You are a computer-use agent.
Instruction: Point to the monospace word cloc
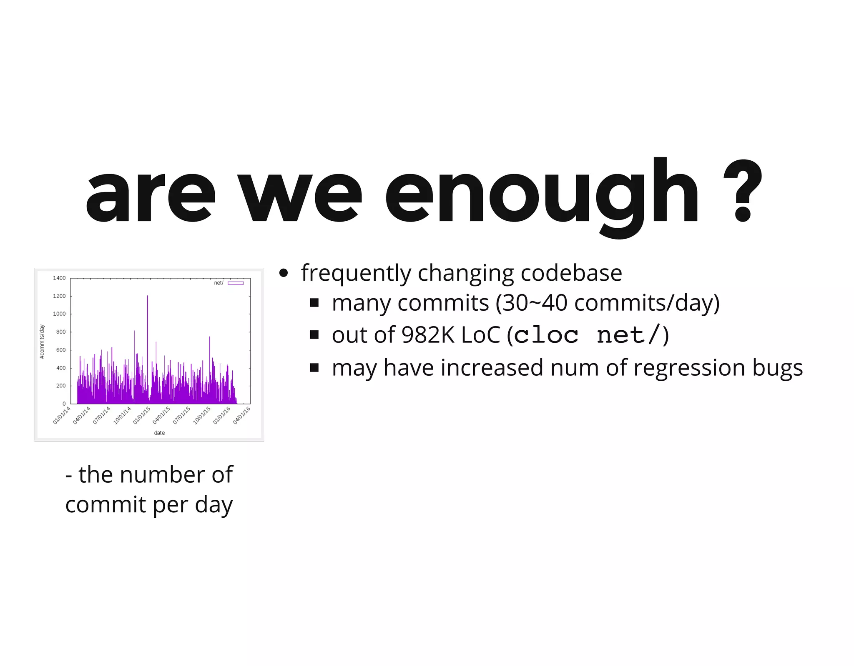click(x=546, y=335)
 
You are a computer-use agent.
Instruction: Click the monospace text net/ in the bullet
click(x=629, y=335)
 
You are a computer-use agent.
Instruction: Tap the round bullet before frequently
click(x=284, y=273)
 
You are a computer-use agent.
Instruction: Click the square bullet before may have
click(x=314, y=368)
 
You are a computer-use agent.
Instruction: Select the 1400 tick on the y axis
click(x=59, y=278)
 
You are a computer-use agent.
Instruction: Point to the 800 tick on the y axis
click(x=61, y=332)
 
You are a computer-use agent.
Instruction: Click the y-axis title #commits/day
click(x=42, y=342)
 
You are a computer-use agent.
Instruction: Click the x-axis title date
click(x=159, y=433)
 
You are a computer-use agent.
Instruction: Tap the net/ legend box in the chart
click(x=236, y=283)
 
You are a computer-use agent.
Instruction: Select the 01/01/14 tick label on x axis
click(x=62, y=416)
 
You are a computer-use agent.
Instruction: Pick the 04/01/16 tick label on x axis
click(x=241, y=416)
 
